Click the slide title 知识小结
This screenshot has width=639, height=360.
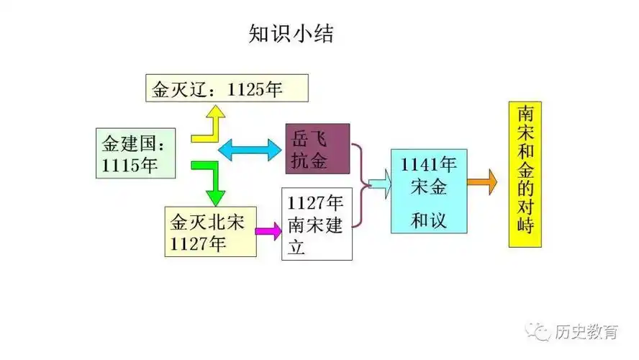[291, 34]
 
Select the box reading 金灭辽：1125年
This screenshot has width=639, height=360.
[227, 89]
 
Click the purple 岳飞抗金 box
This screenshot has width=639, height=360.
[317, 149]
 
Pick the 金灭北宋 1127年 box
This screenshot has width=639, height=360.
[210, 232]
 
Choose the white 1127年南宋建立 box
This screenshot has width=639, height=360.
[316, 223]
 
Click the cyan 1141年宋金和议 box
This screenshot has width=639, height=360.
[429, 191]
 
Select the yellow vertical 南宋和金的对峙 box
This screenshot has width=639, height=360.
[525, 175]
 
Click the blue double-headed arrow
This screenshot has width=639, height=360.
[249, 150]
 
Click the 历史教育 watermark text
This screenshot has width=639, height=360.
[587, 332]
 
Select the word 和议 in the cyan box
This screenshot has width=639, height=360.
[429, 219]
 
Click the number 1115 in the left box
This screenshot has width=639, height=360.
[119, 164]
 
